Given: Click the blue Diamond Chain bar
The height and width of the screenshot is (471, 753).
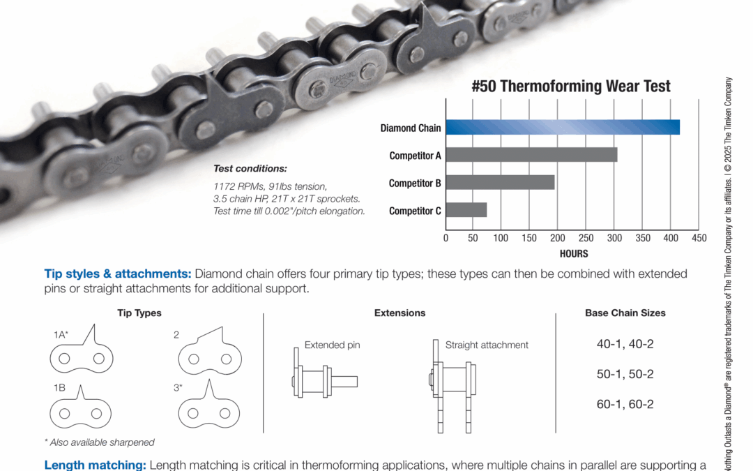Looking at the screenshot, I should pos(562,127).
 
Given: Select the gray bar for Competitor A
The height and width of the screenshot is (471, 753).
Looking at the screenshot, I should pos(531,155).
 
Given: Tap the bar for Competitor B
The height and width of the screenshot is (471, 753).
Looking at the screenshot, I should pos(500,182).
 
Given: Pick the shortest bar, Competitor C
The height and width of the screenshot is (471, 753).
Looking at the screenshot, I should pos(466,210).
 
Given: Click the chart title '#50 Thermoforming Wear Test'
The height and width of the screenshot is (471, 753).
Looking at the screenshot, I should pos(571,87).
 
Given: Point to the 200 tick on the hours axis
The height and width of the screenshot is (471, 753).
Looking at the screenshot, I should pos(557,238).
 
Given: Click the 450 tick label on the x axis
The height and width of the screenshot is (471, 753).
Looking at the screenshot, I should pos(698,238).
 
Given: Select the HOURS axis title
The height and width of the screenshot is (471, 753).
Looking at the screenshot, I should pos(573,254).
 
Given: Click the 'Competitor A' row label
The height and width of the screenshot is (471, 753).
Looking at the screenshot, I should pos(415,156).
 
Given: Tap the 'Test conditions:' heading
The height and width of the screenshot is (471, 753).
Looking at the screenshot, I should pos(250,169).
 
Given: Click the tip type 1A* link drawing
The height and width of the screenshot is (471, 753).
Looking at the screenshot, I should pos(81,352).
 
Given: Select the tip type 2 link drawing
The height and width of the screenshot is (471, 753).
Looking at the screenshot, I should pos(209,353).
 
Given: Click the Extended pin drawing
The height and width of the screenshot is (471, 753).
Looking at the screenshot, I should pos(324,381).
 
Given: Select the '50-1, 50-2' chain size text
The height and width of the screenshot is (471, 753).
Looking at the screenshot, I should pos(625,374).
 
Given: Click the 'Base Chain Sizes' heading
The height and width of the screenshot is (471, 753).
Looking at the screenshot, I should pos(625,313).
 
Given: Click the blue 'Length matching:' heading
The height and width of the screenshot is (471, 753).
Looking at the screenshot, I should pos(95,465).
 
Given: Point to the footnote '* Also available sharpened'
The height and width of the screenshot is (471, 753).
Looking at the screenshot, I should pos(99,442).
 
